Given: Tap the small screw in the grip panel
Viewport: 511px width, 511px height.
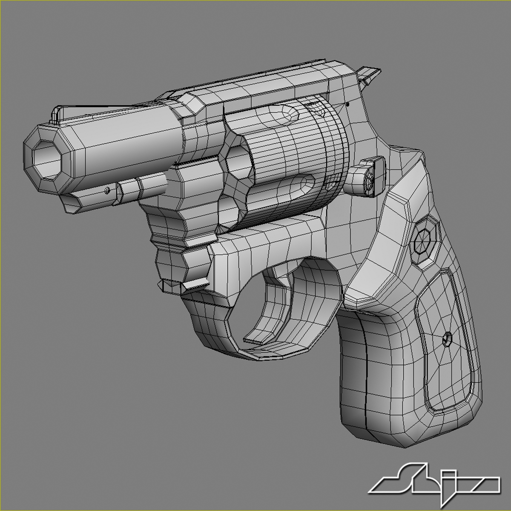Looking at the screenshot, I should pyautogui.click(x=447, y=339).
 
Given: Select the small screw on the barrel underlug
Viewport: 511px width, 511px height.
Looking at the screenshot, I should pyautogui.click(x=107, y=190).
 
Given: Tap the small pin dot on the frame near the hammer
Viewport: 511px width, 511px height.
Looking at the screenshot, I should pyautogui.click(x=348, y=103).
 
